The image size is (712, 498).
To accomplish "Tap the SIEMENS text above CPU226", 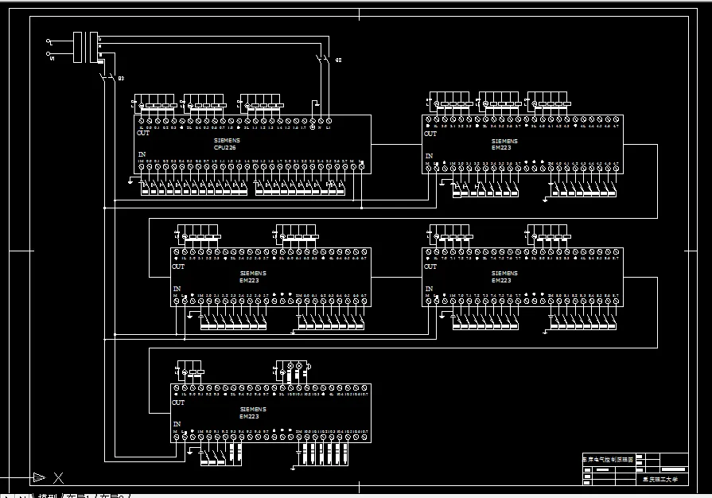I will point(227,140).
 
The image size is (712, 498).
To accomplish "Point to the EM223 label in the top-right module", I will point(501,147).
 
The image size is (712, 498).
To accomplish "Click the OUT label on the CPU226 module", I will point(143,134).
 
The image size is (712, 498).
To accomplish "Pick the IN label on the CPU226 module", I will point(142,154).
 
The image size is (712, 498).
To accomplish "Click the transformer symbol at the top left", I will point(85,47).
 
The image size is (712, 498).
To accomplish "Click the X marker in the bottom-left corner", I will point(58,477).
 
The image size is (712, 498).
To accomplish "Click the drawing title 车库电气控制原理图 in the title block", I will point(608,459).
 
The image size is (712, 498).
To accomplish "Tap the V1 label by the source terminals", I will point(52,57).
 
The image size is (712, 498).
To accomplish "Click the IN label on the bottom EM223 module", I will point(177,424).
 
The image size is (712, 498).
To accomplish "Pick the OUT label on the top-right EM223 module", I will point(430,134).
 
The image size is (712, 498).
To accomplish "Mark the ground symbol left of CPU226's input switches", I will point(130,181).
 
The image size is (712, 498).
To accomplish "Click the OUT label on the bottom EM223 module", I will point(178,403).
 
